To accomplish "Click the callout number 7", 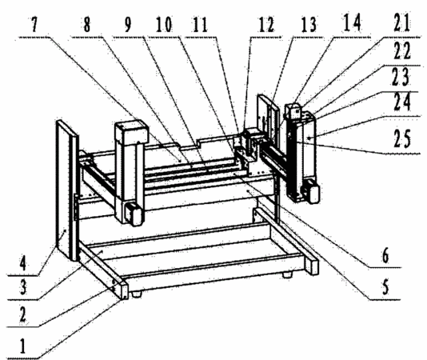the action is pyautogui.click(x=34, y=25).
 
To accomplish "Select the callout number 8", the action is pyautogui.click(x=86, y=25).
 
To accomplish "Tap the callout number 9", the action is pyautogui.click(x=128, y=25).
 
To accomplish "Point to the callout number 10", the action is pyautogui.click(x=164, y=25).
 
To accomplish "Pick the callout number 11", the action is pyautogui.click(x=201, y=25).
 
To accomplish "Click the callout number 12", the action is pyautogui.click(x=266, y=25).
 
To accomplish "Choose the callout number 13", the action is pyautogui.click(x=309, y=25).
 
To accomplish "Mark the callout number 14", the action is pyautogui.click(x=352, y=22).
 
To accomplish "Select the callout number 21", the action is pyautogui.click(x=401, y=23).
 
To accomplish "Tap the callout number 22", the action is pyautogui.click(x=402, y=51).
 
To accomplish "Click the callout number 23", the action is pyautogui.click(x=401, y=77).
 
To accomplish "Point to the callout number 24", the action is pyautogui.click(x=402, y=102).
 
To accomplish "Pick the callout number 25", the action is pyautogui.click(x=402, y=138).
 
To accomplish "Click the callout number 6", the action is pyautogui.click(x=385, y=256).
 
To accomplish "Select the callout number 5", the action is pyautogui.click(x=385, y=287).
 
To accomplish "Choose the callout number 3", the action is pyautogui.click(x=23, y=288).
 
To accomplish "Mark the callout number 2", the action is pyautogui.click(x=22, y=314).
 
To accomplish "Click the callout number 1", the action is pyautogui.click(x=23, y=346).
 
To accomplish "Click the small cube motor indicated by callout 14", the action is pyautogui.click(x=293, y=111).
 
